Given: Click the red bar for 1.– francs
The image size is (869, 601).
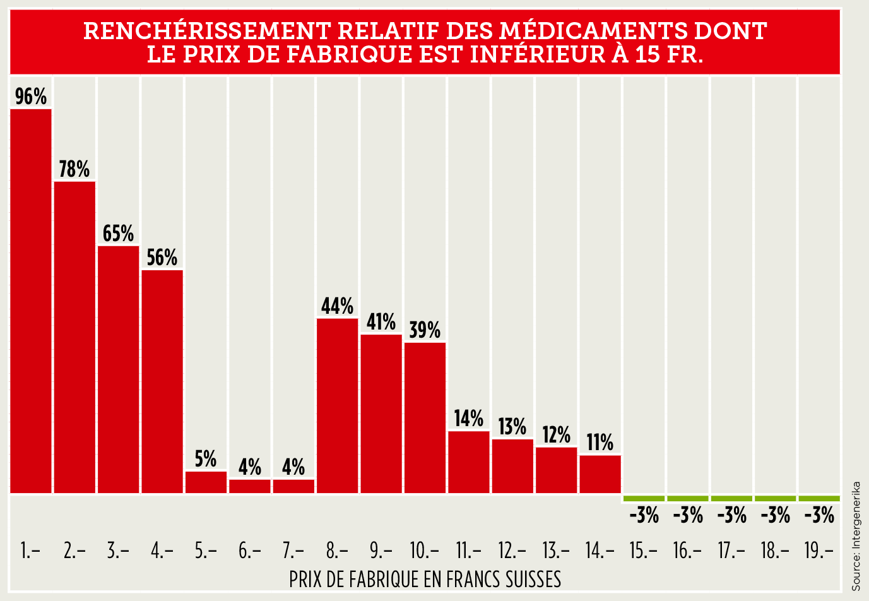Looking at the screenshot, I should tap(31, 300).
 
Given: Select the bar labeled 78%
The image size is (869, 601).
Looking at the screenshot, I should tap(74, 336).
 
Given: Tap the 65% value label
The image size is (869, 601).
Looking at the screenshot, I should tap(118, 234).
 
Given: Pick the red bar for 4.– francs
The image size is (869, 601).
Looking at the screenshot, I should tap(162, 381).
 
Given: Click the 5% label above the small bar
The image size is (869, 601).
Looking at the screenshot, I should tap(206, 459).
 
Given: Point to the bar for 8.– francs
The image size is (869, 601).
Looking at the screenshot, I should tap(337, 405).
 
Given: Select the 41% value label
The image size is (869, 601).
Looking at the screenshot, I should tap(381, 322).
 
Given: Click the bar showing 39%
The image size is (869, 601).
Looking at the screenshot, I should tap(425, 417).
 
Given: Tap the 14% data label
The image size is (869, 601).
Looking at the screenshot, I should tap(469, 419).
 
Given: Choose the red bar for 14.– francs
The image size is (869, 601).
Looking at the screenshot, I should tap(600, 473).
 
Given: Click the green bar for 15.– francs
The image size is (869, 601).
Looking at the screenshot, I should tap(644, 499).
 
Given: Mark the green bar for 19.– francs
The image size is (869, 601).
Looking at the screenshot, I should tap(819, 499).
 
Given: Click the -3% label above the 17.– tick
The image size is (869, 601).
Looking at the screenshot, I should tap(732, 516).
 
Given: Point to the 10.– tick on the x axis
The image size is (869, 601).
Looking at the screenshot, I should tap(425, 551).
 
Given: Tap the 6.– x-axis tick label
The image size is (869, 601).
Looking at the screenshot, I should tap(249, 551).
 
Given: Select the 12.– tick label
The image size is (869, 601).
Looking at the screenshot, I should tap(512, 551).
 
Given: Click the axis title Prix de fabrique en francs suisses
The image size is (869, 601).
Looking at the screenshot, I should tap(425, 579).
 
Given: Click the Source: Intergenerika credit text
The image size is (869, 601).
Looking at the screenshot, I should tap(856, 536).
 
